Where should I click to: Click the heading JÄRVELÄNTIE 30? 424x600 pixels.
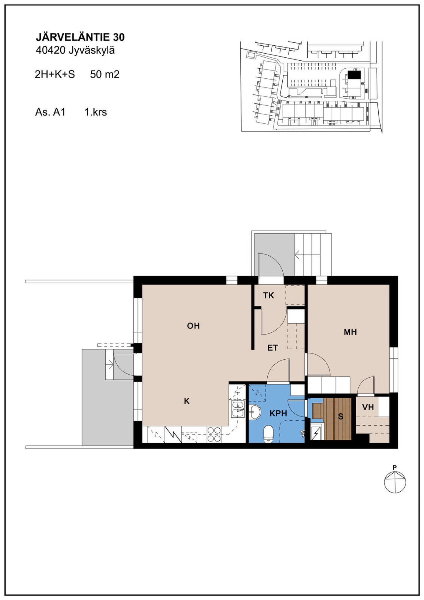pos(80,37)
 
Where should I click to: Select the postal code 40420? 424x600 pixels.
pos(50,50)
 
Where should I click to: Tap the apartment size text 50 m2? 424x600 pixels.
pos(105,74)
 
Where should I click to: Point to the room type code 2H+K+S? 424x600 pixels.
pos(55,74)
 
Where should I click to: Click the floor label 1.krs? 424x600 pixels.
pos(96,112)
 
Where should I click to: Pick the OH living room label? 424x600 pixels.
pos(193,326)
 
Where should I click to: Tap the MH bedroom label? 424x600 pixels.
pos(350,332)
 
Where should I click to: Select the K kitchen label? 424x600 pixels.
pos(187,401)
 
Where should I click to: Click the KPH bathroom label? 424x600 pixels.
pos(278,413)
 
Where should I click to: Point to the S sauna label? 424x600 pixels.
pos(341,416)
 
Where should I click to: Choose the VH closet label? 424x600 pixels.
pos(368,407)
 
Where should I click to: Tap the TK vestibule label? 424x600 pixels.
pos(269,295)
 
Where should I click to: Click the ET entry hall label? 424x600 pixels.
pos(273,348)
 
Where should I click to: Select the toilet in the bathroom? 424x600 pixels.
pos(269,434)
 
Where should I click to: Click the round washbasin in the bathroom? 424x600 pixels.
pos(255,412)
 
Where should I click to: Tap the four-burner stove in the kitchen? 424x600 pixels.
pos(214,434)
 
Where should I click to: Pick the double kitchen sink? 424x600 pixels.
pos(238,409)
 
